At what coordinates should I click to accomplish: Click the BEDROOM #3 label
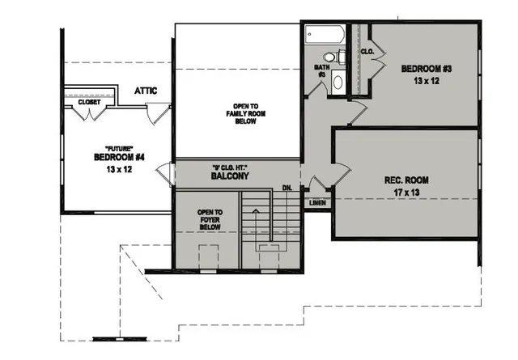(426, 69)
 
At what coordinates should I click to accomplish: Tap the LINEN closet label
(317, 201)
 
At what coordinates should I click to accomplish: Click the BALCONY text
(229, 176)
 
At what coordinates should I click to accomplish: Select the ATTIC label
(146, 91)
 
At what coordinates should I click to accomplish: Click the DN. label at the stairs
(287, 188)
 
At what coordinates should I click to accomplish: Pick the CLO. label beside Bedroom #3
(366, 51)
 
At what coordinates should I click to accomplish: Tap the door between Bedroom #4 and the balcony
(165, 173)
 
